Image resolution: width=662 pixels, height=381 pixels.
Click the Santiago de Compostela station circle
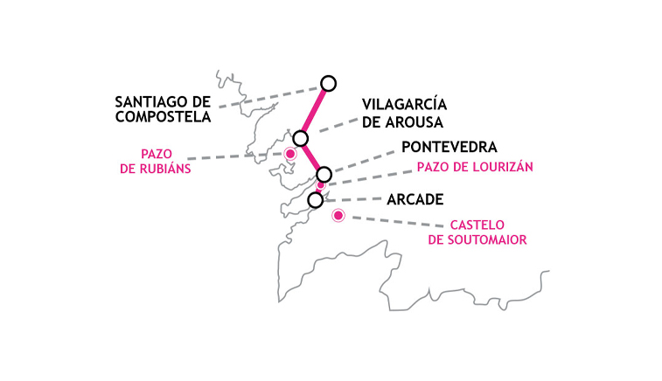(x=328, y=84)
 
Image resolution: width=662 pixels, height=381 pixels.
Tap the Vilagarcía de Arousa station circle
(x=301, y=138)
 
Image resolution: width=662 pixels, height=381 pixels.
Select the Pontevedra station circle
(x=324, y=174)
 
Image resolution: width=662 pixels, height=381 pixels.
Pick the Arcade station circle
(x=316, y=200)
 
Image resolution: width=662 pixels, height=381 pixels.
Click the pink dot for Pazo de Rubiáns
(x=290, y=154)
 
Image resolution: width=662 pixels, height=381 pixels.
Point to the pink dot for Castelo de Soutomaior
(x=338, y=216)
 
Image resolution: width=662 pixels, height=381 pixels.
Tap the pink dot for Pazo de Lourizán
(x=321, y=184)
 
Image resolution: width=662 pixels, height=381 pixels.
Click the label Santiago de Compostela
(x=163, y=109)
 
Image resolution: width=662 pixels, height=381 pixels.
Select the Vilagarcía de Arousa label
(x=404, y=114)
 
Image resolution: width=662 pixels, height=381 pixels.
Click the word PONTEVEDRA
(x=449, y=148)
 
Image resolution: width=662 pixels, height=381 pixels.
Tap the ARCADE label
(x=415, y=199)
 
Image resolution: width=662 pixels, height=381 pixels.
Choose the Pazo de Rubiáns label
(x=156, y=161)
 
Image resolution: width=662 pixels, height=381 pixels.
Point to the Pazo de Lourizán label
(x=475, y=167)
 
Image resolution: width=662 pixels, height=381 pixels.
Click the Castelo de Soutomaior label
(x=477, y=232)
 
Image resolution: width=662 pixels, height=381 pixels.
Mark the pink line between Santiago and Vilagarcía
(x=315, y=111)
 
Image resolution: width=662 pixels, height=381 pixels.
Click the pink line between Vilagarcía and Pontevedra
(x=312, y=156)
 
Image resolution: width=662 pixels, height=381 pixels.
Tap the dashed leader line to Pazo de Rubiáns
(x=236, y=156)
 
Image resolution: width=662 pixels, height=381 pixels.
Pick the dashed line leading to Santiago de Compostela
(x=270, y=97)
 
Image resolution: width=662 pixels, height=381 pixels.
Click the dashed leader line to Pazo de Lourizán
(x=369, y=178)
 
